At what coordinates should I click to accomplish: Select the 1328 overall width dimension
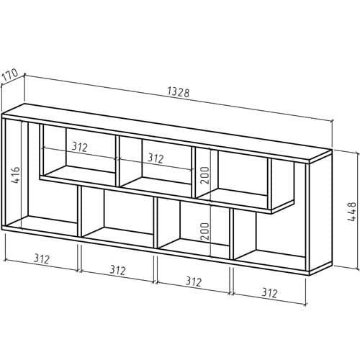(178, 92)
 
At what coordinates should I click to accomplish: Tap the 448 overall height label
(352, 212)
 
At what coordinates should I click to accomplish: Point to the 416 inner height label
(16, 175)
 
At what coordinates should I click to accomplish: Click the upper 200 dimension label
(205, 175)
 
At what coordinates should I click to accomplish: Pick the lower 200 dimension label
(204, 231)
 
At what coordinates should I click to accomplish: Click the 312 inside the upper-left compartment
(79, 147)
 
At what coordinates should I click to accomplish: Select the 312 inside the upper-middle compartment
(156, 158)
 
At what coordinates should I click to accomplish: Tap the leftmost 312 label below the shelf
(42, 258)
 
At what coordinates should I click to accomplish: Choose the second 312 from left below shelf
(117, 270)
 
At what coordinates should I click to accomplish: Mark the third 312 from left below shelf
(194, 282)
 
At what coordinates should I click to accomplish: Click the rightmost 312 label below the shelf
(269, 293)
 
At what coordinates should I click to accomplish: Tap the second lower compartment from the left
(117, 214)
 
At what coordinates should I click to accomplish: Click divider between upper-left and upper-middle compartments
(117, 161)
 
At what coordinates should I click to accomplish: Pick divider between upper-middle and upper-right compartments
(194, 173)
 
